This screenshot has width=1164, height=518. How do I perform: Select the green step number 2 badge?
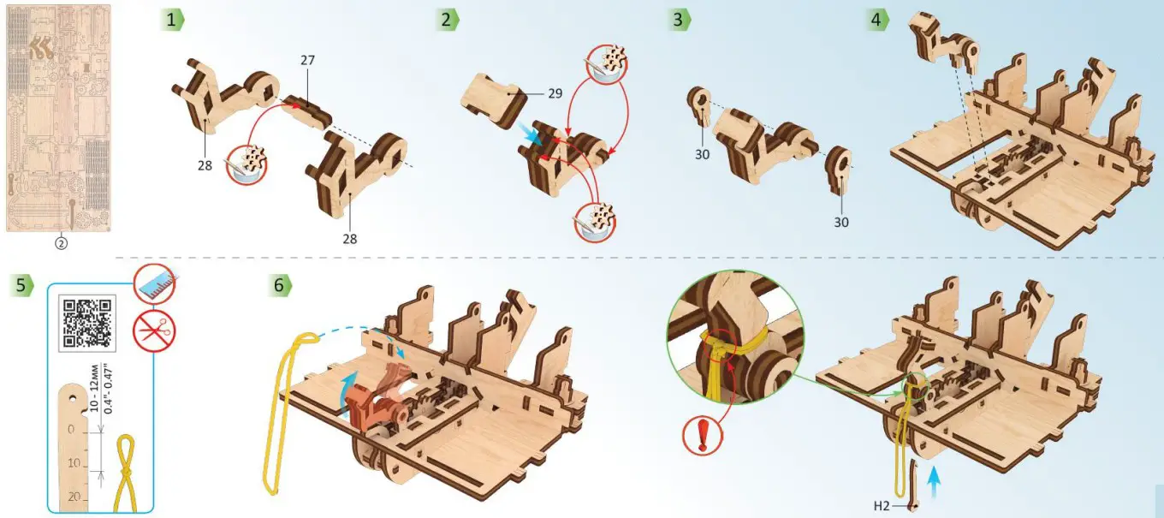click(x=448, y=21)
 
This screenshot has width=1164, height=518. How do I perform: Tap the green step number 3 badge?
click(x=680, y=21)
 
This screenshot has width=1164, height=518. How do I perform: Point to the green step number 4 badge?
click(x=877, y=21)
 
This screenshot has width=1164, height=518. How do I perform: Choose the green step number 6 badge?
click(x=280, y=285)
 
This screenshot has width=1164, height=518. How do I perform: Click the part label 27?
click(x=307, y=60)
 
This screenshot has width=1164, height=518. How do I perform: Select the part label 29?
click(x=555, y=93)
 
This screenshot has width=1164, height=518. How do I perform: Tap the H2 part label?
click(x=882, y=505)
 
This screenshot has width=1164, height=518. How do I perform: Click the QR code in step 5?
click(x=86, y=323)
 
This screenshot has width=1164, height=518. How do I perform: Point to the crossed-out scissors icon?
click(x=154, y=331)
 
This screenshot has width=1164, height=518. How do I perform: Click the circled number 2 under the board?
click(x=62, y=243)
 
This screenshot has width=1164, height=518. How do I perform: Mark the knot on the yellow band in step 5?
click(x=126, y=472)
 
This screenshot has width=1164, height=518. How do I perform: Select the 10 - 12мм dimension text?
click(x=94, y=388)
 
